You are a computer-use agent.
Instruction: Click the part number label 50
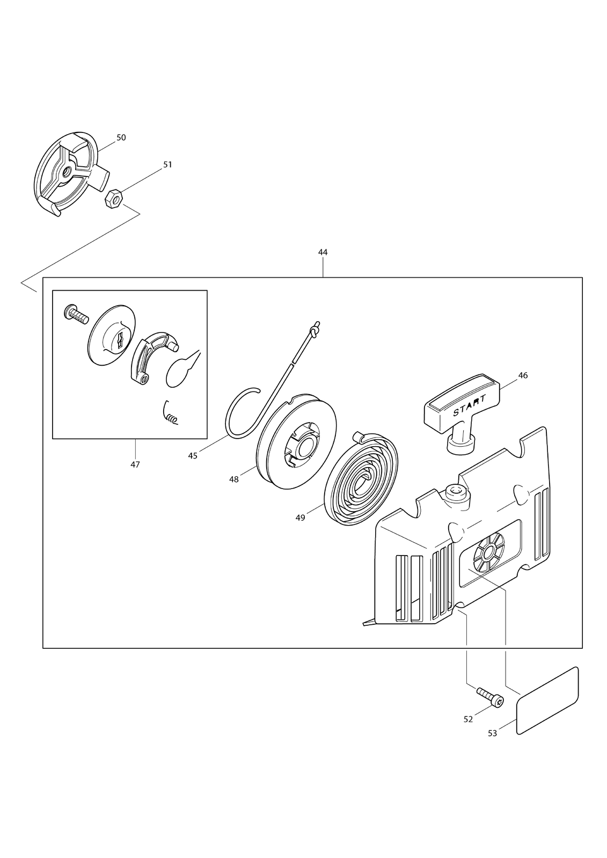pos(121,137)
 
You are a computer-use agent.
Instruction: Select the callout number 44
pos(323,253)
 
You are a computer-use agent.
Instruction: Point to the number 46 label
pos(523,375)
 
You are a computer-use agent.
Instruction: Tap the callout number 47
pos(135,464)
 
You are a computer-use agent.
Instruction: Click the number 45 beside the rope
pos(193,456)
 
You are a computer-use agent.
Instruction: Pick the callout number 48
pos(234,479)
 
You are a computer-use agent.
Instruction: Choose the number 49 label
pos(300,518)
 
